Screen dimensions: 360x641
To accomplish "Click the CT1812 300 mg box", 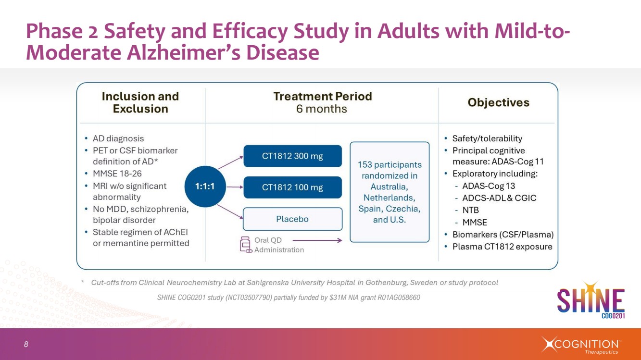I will click(292, 156).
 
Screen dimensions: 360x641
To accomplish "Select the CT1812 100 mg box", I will click(292, 187).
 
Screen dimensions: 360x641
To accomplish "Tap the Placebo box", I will click(292, 219).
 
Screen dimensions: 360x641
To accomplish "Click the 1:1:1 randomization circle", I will click(205, 187).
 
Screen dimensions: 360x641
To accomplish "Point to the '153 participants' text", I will click(390, 165).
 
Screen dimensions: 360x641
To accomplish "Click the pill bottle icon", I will click(246, 244).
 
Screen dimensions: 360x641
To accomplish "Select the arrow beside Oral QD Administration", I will click(317, 240).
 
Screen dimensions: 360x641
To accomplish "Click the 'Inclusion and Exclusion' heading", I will click(140, 102).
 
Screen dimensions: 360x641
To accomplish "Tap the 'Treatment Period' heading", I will click(322, 97).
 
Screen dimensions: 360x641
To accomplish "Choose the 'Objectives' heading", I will click(498, 102).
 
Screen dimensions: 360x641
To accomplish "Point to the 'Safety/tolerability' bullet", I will click(487, 138).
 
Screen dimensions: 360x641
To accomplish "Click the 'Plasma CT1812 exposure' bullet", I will click(502, 247).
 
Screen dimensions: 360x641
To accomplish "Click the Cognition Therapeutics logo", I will click(582, 345).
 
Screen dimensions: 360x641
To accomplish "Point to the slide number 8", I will click(26, 344).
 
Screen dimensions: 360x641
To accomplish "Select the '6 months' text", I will click(321, 109).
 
